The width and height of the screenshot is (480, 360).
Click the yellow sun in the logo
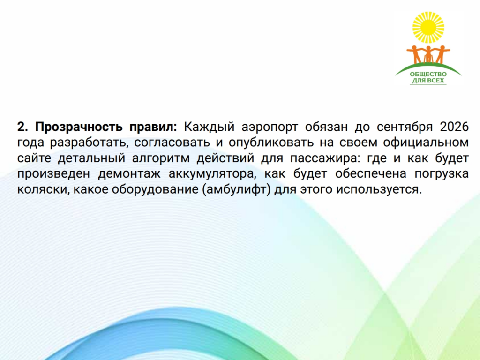click(x=428, y=27)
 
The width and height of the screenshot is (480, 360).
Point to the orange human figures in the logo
click(x=428, y=54)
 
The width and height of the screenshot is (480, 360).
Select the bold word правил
click(x=153, y=127)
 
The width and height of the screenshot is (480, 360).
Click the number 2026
click(x=454, y=127)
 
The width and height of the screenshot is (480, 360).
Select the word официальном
click(x=426, y=142)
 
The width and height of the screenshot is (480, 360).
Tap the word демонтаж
click(x=129, y=174)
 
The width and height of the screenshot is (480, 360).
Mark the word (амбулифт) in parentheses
click(x=236, y=190)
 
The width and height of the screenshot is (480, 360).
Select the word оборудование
click(x=155, y=190)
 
